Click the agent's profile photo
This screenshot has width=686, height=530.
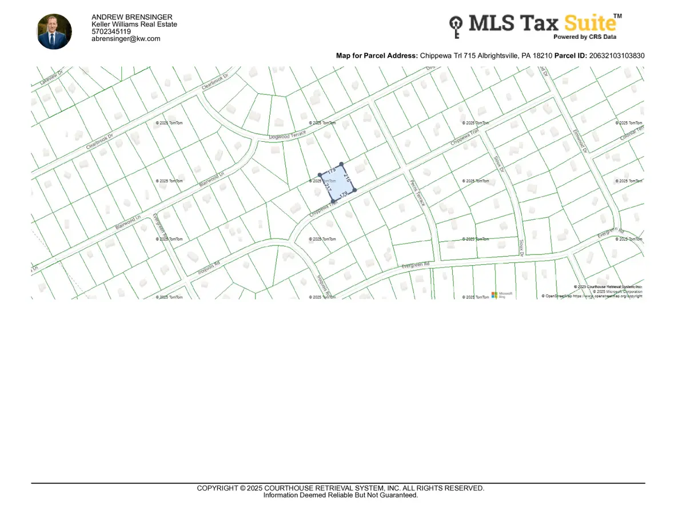54,31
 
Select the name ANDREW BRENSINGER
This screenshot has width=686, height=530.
131,18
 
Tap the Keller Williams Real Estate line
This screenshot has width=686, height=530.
134,25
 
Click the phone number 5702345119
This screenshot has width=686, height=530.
111,32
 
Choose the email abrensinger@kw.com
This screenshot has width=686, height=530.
126,39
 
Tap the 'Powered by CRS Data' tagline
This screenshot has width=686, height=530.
585,37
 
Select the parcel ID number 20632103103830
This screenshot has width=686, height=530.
616,55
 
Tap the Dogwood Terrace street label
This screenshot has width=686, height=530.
288,136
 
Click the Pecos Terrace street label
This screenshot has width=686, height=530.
418,192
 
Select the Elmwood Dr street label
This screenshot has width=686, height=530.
581,141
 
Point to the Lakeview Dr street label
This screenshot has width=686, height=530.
50,76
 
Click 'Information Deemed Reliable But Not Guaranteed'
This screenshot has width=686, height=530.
341,495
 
